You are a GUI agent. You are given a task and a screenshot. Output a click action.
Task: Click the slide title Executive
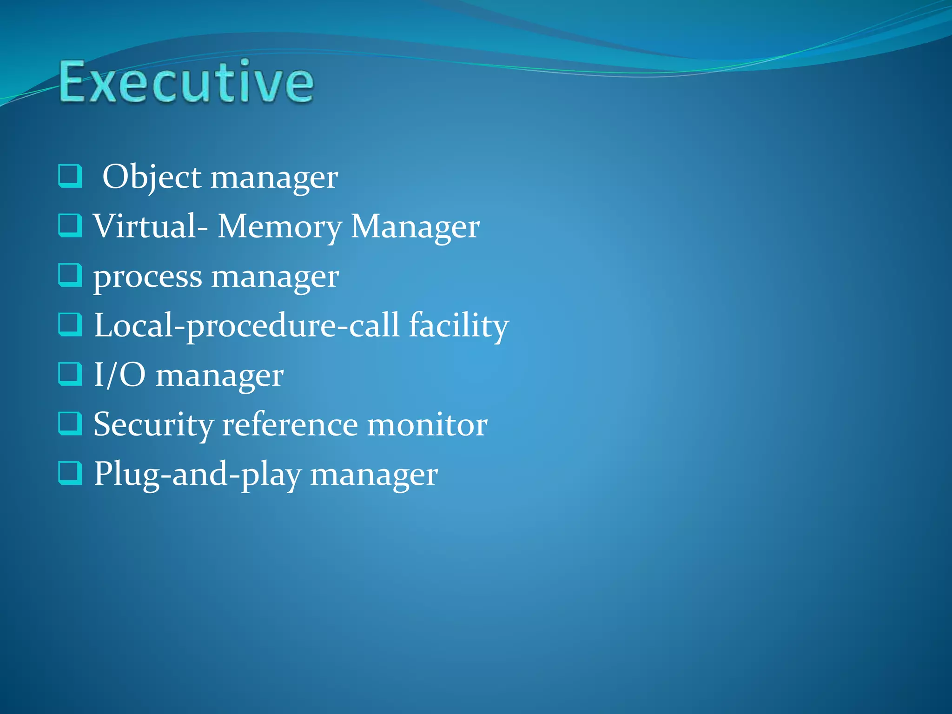point(186,82)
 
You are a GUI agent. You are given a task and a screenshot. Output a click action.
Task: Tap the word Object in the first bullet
point(152,177)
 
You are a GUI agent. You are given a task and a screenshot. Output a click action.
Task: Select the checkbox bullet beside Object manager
point(70,176)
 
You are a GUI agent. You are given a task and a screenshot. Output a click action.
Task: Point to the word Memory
point(279,227)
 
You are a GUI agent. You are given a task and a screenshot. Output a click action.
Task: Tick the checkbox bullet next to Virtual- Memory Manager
point(70,225)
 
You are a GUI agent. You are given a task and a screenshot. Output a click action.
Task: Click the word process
point(147,278)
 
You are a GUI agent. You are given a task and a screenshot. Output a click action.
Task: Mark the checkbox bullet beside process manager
point(70,275)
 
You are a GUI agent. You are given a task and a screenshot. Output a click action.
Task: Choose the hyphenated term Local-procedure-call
point(246,326)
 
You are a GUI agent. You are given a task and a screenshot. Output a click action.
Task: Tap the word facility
point(459,326)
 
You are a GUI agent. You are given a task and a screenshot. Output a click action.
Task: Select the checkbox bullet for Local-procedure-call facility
point(70,324)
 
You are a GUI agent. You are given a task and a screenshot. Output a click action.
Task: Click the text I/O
point(119,375)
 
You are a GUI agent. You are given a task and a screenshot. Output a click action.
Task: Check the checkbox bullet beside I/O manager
point(70,374)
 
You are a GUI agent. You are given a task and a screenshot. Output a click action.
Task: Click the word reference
point(290,425)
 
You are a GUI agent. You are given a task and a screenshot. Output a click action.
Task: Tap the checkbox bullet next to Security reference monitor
point(70,423)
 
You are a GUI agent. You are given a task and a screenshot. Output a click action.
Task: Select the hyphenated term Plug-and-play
point(197,475)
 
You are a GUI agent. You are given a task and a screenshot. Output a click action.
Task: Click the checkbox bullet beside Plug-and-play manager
point(70,473)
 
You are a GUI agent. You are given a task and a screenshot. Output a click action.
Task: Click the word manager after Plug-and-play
point(374,476)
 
